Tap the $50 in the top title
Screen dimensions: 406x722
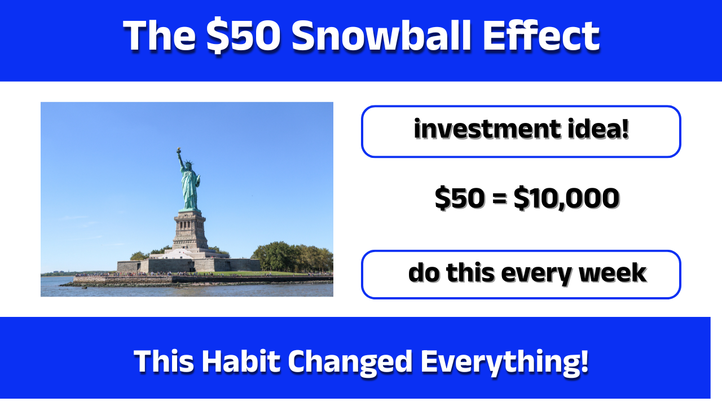point(244,36)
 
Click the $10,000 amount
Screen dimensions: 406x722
point(566,198)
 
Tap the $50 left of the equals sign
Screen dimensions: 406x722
point(459,198)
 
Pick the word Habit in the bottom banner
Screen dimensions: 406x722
point(241,361)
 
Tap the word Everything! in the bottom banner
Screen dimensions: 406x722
point(504,363)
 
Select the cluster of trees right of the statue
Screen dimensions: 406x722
point(290,257)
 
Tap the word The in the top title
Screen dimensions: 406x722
point(160,36)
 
